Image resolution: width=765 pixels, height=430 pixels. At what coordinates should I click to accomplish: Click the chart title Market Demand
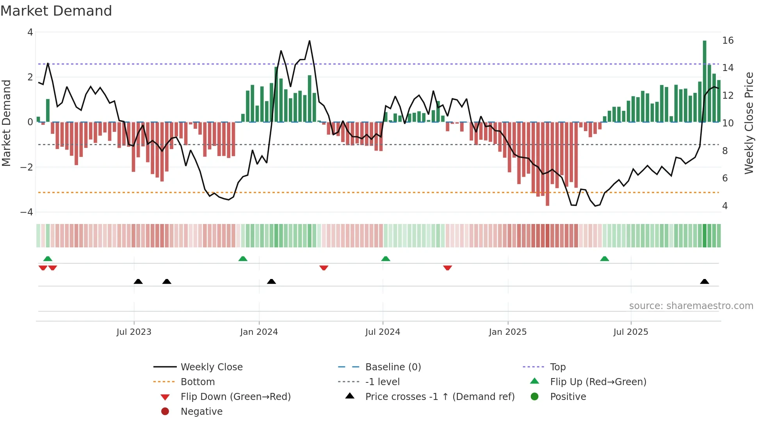(56, 11)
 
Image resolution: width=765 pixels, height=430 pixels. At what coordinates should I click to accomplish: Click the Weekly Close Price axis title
(749, 123)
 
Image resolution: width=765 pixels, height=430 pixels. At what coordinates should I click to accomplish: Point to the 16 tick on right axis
(728, 41)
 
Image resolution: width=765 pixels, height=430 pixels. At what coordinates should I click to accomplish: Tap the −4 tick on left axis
(27, 212)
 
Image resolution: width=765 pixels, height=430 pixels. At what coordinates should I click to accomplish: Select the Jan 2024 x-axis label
(259, 332)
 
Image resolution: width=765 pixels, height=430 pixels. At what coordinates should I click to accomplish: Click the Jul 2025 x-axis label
(630, 332)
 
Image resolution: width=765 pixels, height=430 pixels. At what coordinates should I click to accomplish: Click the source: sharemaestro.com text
(691, 306)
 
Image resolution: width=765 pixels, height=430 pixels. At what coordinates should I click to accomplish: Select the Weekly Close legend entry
(211, 367)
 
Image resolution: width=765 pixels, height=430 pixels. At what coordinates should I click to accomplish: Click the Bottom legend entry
(197, 382)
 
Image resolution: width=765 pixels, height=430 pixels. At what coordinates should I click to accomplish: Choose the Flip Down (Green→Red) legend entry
(235, 397)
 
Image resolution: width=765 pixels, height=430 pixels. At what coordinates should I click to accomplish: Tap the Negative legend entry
(201, 412)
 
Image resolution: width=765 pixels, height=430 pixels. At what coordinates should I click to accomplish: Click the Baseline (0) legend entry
(393, 367)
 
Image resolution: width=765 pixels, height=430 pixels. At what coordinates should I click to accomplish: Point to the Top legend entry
(557, 367)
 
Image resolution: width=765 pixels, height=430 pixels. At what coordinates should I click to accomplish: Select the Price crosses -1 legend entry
(439, 397)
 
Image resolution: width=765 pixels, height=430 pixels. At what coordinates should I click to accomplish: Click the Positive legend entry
(568, 397)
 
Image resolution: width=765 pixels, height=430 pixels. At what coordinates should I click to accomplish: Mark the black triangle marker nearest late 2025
(705, 281)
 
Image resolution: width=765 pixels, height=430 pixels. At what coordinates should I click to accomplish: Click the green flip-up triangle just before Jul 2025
(605, 259)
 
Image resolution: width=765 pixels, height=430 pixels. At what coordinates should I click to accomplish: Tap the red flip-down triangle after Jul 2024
(448, 268)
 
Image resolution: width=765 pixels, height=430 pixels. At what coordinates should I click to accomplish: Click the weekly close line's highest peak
(310, 41)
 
